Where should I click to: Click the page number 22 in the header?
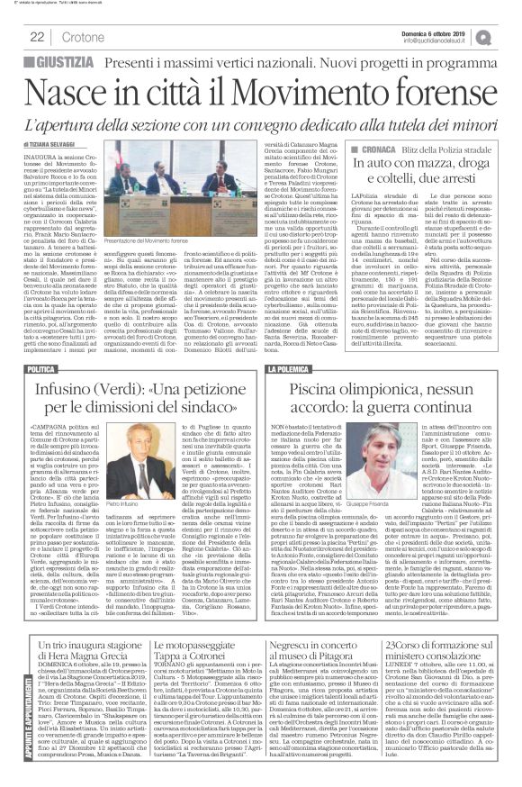[x=37, y=36]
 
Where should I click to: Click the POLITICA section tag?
[x=41, y=370]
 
